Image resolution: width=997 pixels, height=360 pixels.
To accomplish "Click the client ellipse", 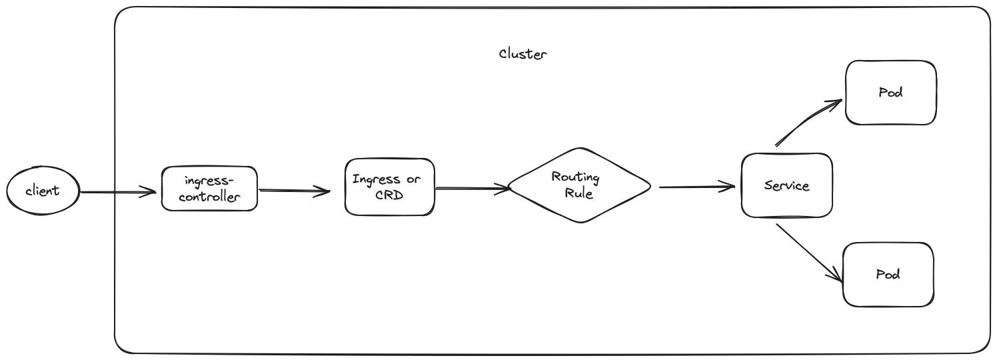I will click(43, 191).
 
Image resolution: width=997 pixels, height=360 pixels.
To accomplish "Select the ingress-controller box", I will click(209, 189).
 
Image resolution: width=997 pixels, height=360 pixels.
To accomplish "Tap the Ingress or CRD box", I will click(389, 187).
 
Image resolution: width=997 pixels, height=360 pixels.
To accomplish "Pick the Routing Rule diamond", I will click(578, 185).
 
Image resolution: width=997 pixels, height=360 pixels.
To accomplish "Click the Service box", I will click(786, 185).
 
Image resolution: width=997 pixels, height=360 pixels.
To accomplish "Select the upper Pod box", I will click(890, 93).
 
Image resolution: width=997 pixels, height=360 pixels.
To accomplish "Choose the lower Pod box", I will click(888, 275).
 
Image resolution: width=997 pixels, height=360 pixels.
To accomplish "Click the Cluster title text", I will click(522, 54).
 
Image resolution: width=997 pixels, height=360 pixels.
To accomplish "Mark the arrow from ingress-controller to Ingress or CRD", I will click(293, 191).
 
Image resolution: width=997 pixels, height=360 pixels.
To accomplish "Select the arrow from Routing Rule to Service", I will click(696, 187).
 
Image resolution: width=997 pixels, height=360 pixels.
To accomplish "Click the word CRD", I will click(389, 196).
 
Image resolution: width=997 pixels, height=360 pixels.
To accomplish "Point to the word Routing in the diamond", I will click(575, 177).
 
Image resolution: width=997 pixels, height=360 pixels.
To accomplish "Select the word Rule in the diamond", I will click(578, 194).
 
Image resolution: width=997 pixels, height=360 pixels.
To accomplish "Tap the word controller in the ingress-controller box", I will click(210, 197).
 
